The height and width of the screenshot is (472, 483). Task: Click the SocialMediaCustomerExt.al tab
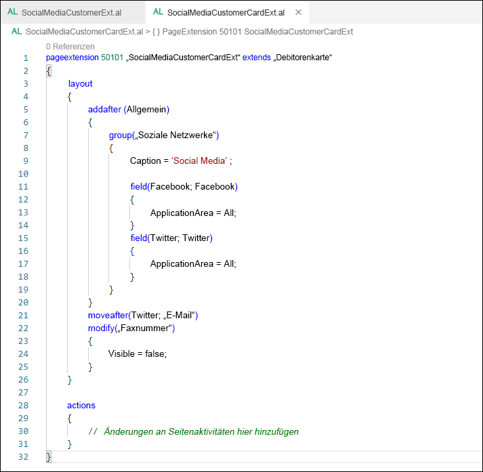point(71,13)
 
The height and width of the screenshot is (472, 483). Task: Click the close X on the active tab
point(298,13)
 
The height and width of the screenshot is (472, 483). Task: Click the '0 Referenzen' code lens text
point(70,46)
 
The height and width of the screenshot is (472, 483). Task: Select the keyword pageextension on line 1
point(72,58)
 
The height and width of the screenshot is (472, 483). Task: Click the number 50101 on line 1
point(112,58)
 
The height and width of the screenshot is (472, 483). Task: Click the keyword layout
point(81,83)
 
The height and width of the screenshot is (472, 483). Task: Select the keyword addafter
point(104,109)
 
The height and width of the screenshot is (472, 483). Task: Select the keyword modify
point(101,328)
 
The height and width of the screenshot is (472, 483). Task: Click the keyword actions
point(81,405)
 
